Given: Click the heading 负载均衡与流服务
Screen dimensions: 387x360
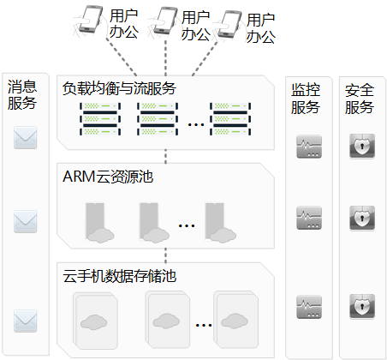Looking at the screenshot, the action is [x=119, y=88].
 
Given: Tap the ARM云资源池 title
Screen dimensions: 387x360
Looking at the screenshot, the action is [x=108, y=177].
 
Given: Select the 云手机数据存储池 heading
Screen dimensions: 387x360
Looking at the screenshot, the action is [x=120, y=276].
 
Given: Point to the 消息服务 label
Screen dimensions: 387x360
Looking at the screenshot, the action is [x=22, y=95].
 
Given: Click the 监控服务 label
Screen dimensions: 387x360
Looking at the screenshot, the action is [x=306, y=99].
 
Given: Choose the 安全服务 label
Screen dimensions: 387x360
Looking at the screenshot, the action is [x=360, y=99].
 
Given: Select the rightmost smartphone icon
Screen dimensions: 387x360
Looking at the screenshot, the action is [x=228, y=24].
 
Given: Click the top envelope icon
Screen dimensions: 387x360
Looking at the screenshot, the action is [x=26, y=138].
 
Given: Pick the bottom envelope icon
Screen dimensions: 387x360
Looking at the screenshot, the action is [x=26, y=321].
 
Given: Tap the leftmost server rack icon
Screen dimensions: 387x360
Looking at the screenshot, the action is [x=100, y=119].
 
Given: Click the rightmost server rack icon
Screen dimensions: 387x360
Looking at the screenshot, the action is [x=230, y=119].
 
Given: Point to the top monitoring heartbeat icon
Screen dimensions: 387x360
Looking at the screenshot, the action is [x=309, y=147].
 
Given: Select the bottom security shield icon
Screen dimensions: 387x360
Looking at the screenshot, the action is [x=362, y=306].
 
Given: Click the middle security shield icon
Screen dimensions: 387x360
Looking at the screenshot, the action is [x=362, y=218].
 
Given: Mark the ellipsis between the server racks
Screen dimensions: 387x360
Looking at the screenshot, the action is [x=196, y=124].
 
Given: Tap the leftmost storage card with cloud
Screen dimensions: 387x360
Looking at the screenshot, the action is [x=95, y=321].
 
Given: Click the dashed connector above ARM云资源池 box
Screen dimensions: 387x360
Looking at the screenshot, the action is [x=165, y=156].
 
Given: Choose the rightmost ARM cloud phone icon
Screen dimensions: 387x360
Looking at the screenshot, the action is [x=220, y=223].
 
